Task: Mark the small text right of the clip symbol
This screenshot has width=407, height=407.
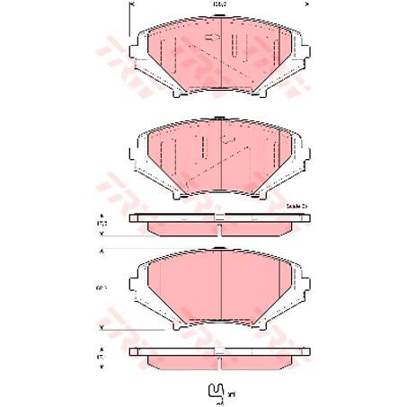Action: [x=232, y=394]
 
